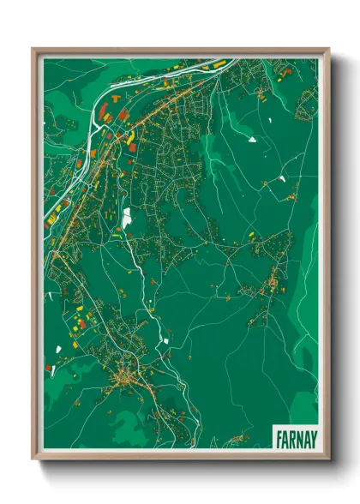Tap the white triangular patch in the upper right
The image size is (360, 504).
click(x=252, y=137)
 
